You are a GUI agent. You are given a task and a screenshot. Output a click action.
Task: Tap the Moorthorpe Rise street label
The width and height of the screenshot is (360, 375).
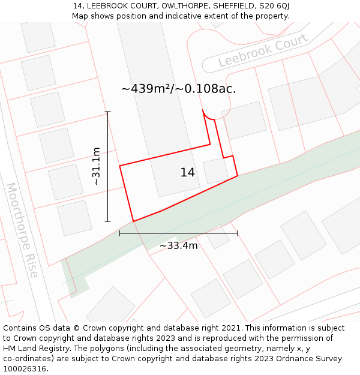22,230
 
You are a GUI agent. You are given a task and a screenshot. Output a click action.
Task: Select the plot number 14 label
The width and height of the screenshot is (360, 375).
187,173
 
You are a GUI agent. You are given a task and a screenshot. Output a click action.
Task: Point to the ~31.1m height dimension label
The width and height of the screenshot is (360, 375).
96,166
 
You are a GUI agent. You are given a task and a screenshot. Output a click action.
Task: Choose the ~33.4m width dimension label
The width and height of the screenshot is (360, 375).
178,245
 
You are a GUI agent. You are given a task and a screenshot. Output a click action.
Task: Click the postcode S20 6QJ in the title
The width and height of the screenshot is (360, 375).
274,6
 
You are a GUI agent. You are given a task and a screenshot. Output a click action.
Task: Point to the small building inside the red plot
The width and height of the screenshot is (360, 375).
215,171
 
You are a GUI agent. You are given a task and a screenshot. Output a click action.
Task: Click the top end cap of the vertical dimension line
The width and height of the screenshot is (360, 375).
108,112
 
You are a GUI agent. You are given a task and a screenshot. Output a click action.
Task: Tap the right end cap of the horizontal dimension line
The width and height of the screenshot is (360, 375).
238,233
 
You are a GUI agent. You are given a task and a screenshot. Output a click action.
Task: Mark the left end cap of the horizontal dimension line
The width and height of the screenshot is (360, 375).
120,233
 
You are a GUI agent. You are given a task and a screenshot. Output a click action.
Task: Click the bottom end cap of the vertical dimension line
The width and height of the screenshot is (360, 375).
108,221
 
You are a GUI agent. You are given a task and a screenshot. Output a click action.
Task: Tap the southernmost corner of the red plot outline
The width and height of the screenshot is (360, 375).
133,221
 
